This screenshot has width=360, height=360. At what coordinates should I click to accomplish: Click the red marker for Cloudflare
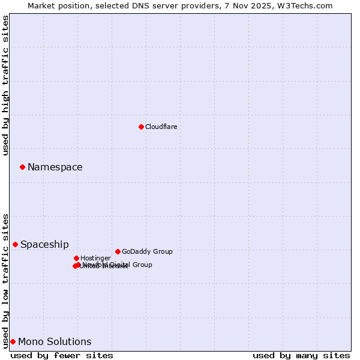coord(141,127)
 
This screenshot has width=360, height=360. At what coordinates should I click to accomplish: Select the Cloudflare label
coord(161,127)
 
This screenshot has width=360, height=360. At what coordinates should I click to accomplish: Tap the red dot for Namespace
coord(22,167)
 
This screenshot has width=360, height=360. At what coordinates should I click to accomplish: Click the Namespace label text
coord(55,167)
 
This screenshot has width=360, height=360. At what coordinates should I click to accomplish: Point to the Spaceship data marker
coord(15,244)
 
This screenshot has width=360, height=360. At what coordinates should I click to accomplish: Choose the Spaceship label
coord(44,244)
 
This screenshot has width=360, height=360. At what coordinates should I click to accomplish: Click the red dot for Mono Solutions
coord(13,341)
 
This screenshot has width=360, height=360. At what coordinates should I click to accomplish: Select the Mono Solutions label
coord(55,341)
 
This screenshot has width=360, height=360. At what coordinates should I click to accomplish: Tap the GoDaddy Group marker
coord(118,251)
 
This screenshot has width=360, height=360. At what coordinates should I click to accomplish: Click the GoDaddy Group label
coord(147,251)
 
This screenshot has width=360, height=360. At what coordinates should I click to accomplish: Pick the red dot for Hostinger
coord(76,258)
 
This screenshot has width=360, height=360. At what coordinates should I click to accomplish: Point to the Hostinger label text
coord(95,258)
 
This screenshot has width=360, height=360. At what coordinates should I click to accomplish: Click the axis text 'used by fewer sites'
coord(62,355)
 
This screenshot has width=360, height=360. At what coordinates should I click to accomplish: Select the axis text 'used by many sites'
coord(301,355)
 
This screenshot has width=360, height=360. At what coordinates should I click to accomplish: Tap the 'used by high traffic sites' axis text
coord(6,85)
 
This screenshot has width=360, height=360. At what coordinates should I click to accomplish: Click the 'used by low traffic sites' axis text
coord(6,280)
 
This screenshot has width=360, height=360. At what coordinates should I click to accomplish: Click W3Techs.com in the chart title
coord(307,5)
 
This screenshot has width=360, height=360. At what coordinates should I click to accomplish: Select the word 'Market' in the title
coord(41,5)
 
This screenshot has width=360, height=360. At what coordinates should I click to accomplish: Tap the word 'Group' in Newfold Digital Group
coord(142,265)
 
